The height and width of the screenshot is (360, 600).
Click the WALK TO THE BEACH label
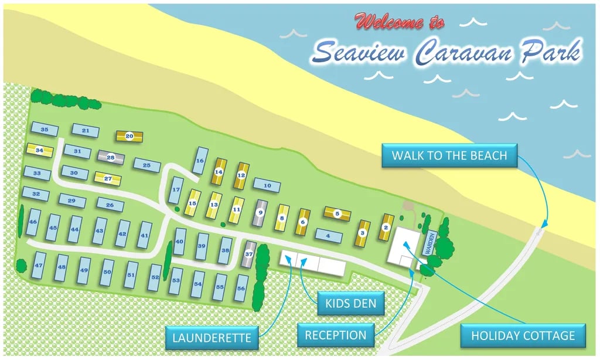point(449,156)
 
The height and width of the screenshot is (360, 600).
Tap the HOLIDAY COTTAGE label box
point(523,335)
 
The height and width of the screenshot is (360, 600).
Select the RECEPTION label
point(336,335)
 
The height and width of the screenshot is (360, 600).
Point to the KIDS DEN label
point(351,304)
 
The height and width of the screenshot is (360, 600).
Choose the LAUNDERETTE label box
point(212,337)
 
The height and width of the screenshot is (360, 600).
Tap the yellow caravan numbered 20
point(129,136)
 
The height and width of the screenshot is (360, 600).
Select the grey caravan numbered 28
point(111,157)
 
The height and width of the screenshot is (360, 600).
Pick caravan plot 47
point(39,266)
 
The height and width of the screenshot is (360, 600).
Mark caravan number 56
point(240,288)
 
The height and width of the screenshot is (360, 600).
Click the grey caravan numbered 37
point(249,254)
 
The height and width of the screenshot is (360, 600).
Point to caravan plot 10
point(267,185)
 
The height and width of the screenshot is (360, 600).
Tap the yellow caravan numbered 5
point(337,214)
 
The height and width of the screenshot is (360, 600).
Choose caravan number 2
point(386,227)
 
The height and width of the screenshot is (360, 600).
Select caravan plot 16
point(200,161)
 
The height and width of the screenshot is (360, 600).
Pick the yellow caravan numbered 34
point(39,150)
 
